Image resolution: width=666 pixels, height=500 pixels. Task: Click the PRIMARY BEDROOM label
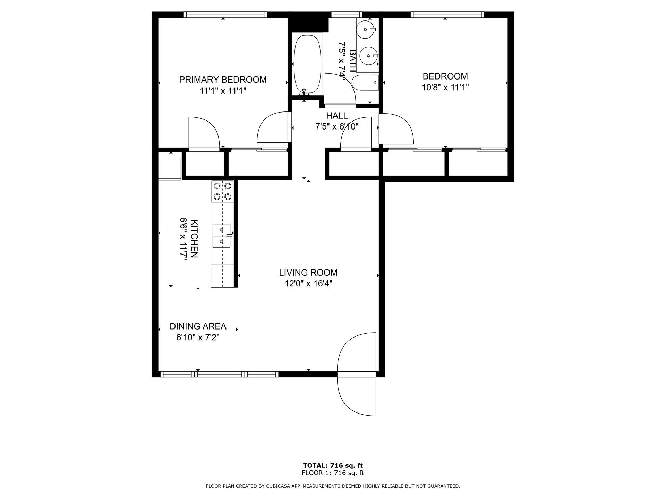point(223,80)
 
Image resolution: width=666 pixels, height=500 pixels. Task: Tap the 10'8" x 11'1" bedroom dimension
point(445,87)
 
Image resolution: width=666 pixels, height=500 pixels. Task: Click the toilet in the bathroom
point(365,83)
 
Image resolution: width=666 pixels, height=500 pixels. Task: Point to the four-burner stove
point(222,191)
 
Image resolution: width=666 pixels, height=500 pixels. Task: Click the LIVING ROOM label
point(308,273)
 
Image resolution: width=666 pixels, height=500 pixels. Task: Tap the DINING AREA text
point(198,326)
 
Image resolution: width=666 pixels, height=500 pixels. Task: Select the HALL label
point(337,116)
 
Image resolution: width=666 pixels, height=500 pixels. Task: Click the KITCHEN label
point(194,239)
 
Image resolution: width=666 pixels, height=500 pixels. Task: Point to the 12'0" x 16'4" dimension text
point(308,284)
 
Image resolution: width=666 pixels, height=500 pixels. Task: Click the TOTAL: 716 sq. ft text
point(333,465)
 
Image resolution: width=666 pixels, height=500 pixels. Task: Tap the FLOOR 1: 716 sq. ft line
point(333,473)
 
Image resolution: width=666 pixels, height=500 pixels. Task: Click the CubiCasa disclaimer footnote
point(333,486)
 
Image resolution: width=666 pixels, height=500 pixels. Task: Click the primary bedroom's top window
point(225,15)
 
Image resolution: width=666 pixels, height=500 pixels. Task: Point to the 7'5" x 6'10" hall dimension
point(337,127)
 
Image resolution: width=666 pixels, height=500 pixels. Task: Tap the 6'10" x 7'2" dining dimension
point(198,337)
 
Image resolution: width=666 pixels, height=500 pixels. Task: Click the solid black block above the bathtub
point(308,23)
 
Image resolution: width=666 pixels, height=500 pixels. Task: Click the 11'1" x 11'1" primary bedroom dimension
point(223,91)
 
